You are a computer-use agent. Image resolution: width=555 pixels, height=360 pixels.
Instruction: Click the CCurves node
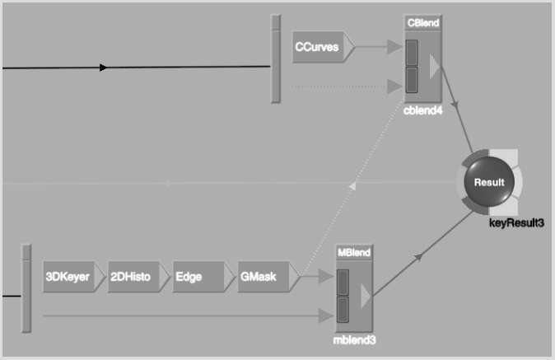[x=323, y=47]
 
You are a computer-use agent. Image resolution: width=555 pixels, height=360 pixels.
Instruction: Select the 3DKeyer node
[x=73, y=277]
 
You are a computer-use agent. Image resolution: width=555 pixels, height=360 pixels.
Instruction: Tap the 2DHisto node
[x=138, y=277]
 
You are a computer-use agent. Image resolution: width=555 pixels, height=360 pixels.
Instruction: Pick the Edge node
[x=203, y=277]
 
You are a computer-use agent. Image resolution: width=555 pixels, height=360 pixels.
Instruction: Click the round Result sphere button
[x=489, y=182]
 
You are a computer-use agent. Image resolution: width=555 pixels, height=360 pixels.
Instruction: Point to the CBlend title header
[x=423, y=23]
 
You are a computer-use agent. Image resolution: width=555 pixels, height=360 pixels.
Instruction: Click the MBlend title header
[x=354, y=252]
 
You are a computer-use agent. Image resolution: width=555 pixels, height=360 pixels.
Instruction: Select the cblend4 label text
[x=423, y=110]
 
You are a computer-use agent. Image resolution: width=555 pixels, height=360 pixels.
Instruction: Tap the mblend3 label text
[x=354, y=340]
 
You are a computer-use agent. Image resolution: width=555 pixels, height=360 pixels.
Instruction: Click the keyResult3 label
[x=516, y=223]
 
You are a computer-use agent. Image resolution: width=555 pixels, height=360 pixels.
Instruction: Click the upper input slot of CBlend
[x=411, y=53]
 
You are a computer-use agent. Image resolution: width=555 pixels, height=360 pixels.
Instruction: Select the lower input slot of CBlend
[x=411, y=80]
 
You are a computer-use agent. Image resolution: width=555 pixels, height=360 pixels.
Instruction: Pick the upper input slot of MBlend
[x=343, y=283]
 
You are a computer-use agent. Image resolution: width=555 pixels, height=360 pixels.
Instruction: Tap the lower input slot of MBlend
[x=343, y=310]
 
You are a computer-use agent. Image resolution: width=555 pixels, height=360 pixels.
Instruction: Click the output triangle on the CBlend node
[x=434, y=67]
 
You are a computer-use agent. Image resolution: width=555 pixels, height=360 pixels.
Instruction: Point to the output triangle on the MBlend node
[x=366, y=296]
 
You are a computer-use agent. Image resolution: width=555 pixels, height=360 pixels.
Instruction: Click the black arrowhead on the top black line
[x=103, y=68]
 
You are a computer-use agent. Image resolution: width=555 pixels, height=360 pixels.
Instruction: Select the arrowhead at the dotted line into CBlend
[x=394, y=86]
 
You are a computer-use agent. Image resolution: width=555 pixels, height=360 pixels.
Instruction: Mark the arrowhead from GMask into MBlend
[x=326, y=276]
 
